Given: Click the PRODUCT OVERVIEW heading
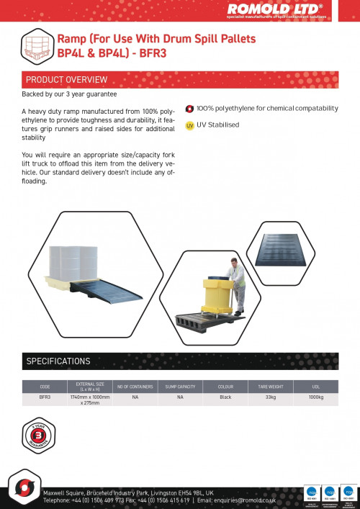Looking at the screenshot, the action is click(66, 79).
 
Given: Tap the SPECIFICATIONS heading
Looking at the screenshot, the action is click(58, 361).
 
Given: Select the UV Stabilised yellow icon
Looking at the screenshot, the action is click(189, 125).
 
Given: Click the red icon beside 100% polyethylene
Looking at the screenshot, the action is click(189, 109).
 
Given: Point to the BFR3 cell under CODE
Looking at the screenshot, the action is click(45, 397).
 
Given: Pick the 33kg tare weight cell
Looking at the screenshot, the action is click(271, 397).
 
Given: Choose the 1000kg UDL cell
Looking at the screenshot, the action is click(315, 397).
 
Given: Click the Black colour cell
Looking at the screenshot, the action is click(225, 397).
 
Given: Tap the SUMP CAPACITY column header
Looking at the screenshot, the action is click(181, 387).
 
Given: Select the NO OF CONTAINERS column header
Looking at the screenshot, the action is click(135, 387).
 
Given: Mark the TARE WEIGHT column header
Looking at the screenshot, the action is click(271, 387).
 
